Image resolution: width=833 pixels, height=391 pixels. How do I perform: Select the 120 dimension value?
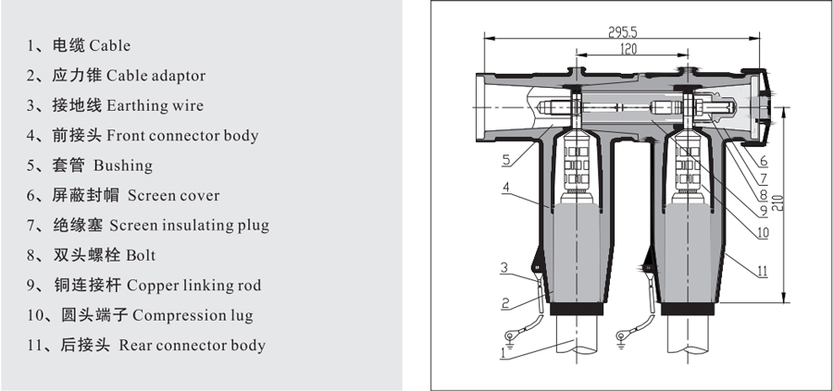pyautogui.click(x=629, y=49)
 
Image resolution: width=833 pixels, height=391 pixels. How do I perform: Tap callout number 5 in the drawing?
pyautogui.click(x=505, y=160)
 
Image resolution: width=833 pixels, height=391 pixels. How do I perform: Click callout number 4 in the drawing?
pyautogui.click(x=505, y=188)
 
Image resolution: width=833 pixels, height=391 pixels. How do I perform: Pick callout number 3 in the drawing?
pyautogui.click(x=505, y=268)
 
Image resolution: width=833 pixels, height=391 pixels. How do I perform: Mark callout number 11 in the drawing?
pyautogui.click(x=762, y=272)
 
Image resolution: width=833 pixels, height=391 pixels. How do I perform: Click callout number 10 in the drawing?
pyautogui.click(x=762, y=234)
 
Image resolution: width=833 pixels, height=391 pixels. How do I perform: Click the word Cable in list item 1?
pyautogui.click(x=109, y=45)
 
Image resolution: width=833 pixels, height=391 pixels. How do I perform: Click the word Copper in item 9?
pyautogui.click(x=154, y=286)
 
